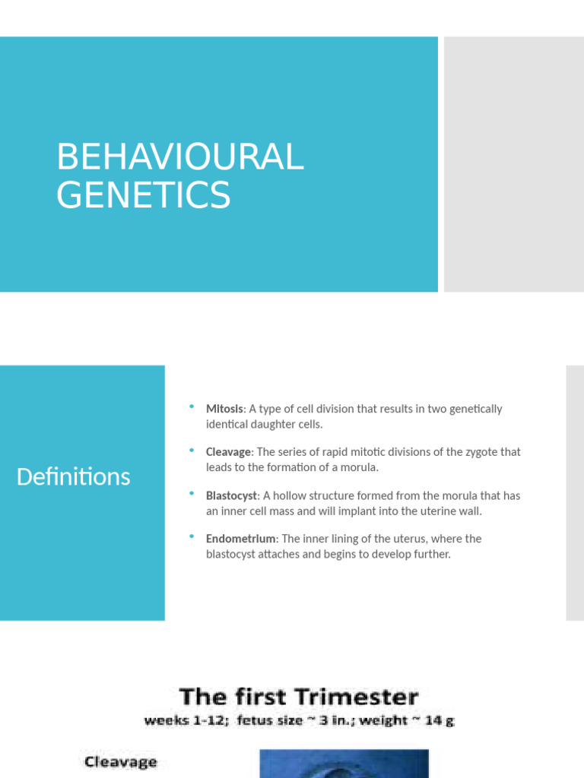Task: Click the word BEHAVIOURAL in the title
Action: pyautogui.click(x=179, y=157)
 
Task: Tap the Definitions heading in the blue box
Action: pyautogui.click(x=73, y=477)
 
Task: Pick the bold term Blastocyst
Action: pyautogui.click(x=231, y=495)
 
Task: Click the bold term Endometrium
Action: pyautogui.click(x=240, y=539)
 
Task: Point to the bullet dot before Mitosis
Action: pyautogui.click(x=192, y=407)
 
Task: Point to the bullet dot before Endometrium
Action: pyautogui.click(x=192, y=537)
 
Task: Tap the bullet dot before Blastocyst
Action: pyautogui.click(x=192, y=494)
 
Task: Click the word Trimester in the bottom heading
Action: pyautogui.click(x=364, y=697)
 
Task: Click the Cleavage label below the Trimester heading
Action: pyautogui.click(x=120, y=762)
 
